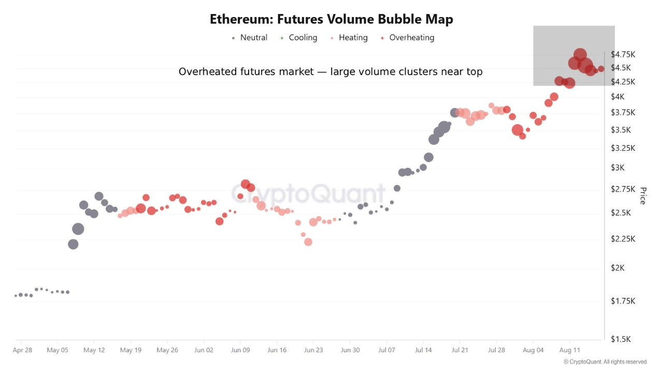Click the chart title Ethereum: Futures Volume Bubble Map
(x=331, y=20)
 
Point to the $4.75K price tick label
(x=623, y=54)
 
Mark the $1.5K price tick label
(x=621, y=339)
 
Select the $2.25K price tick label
(x=623, y=239)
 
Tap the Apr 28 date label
(x=22, y=350)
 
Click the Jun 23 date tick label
(x=313, y=350)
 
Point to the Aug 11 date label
(x=569, y=350)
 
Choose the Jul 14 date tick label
(x=423, y=350)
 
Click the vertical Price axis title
(x=643, y=196)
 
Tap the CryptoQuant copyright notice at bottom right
(x=605, y=362)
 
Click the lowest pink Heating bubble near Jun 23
(x=308, y=242)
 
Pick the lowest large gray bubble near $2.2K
(x=73, y=244)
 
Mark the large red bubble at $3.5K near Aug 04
(x=517, y=130)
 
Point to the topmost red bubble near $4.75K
(x=580, y=55)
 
